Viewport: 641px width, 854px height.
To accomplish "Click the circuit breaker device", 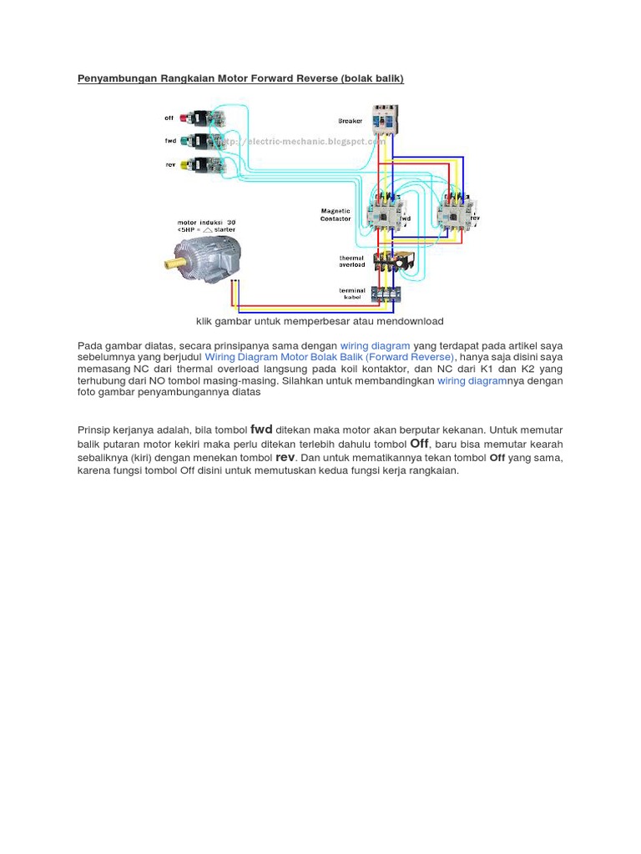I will click(x=385, y=120).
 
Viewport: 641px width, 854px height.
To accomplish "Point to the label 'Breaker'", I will click(x=351, y=121).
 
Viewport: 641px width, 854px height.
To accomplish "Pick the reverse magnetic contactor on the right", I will click(x=456, y=212).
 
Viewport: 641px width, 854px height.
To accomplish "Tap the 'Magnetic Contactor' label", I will click(x=336, y=215).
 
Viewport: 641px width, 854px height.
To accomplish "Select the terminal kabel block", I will click(x=386, y=293).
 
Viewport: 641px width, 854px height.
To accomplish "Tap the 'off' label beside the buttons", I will click(x=169, y=118).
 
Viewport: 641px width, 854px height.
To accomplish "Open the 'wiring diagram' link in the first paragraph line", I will click(x=375, y=345).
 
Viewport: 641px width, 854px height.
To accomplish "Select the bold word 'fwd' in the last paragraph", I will click(x=261, y=430).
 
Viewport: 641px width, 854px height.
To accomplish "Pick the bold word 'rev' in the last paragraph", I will click(x=285, y=457).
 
